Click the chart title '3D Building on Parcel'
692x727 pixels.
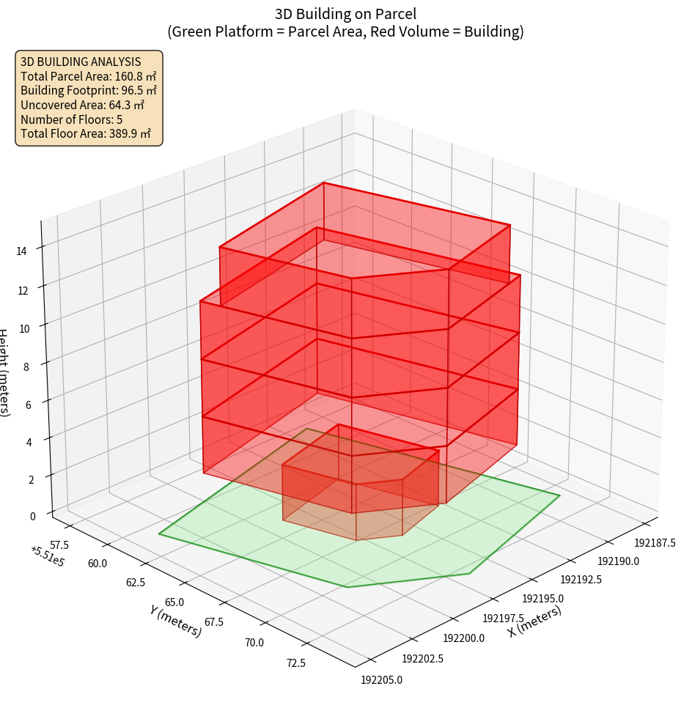(345, 14)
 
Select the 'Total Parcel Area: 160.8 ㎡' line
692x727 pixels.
(89, 76)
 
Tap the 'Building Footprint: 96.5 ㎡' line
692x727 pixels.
(89, 91)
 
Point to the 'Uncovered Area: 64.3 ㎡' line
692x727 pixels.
(82, 105)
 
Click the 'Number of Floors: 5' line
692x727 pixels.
(72, 119)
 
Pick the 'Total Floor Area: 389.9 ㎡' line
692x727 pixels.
(86, 133)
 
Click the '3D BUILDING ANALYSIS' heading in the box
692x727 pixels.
(81, 62)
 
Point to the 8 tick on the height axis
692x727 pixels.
(26, 366)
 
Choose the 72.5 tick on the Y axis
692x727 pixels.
(298, 663)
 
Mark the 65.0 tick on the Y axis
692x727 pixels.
(174, 602)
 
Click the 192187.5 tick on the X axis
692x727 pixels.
(655, 543)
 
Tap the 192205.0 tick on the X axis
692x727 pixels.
(381, 680)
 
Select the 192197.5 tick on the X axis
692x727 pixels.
(504, 619)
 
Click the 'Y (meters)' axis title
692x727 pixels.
(175, 621)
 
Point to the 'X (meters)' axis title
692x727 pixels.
(535, 621)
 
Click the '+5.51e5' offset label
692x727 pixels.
(47, 556)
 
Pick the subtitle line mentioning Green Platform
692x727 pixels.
(345, 32)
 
